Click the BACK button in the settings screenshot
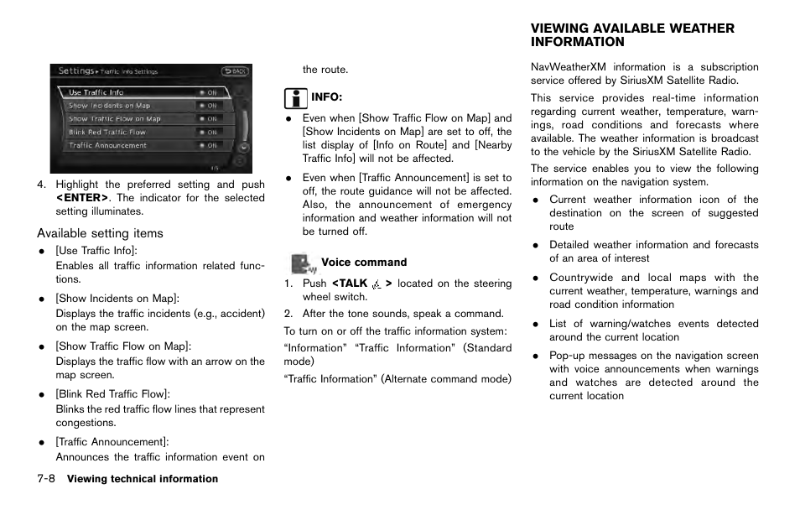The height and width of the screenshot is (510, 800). (x=235, y=71)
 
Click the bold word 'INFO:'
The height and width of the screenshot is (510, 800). (x=327, y=98)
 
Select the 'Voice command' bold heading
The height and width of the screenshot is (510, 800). (x=364, y=263)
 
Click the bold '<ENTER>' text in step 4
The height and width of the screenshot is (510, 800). (x=82, y=198)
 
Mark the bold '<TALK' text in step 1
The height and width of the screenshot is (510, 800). (x=349, y=284)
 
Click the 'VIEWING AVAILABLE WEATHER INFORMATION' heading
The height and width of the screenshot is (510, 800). (x=631, y=35)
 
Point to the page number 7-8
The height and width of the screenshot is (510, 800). (x=46, y=479)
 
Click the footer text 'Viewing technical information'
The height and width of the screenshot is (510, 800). (x=143, y=480)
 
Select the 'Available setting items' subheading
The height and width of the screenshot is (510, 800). (x=100, y=233)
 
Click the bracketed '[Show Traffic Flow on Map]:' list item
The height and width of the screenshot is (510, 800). (x=123, y=346)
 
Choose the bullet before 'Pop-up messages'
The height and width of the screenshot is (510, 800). (x=535, y=356)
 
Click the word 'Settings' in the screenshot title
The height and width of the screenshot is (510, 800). (x=75, y=71)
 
